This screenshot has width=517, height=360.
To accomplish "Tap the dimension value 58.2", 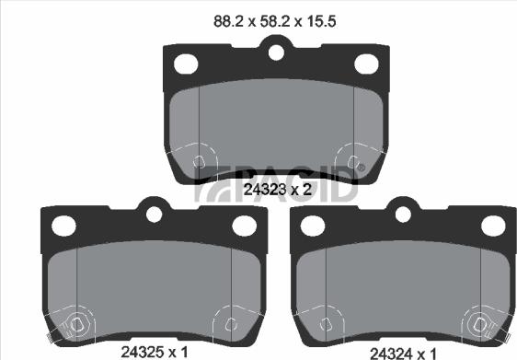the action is (275, 22).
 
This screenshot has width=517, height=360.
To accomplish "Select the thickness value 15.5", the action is (321, 22).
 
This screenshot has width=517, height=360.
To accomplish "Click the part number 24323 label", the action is (264, 190).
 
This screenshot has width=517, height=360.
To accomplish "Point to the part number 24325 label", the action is (143, 352).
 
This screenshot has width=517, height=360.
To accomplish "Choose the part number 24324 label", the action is (391, 354).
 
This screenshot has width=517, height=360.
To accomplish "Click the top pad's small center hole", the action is (276, 52).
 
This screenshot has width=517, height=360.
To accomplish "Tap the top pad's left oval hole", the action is (186, 64).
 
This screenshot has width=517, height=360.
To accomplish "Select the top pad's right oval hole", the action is (366, 64).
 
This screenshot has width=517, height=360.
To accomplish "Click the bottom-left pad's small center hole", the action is (154, 215).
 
